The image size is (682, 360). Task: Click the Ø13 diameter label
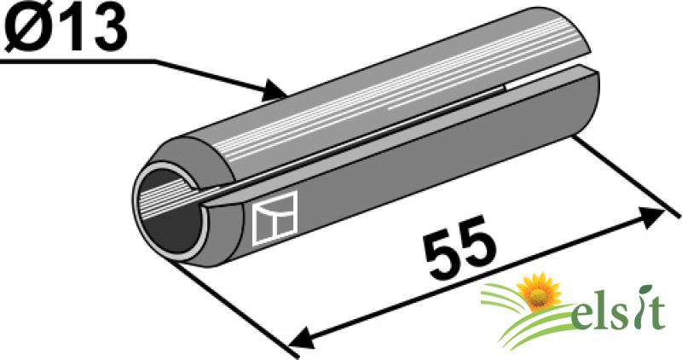click(65, 26)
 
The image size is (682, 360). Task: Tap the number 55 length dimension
click(462, 247)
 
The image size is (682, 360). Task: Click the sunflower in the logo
click(540, 292)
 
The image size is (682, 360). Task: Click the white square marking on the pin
click(275, 218)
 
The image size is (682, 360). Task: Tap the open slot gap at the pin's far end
click(548, 78)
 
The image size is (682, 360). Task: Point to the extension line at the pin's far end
click(627, 177)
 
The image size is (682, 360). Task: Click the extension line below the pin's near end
click(234, 308)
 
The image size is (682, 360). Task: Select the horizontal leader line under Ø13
click(78, 61)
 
